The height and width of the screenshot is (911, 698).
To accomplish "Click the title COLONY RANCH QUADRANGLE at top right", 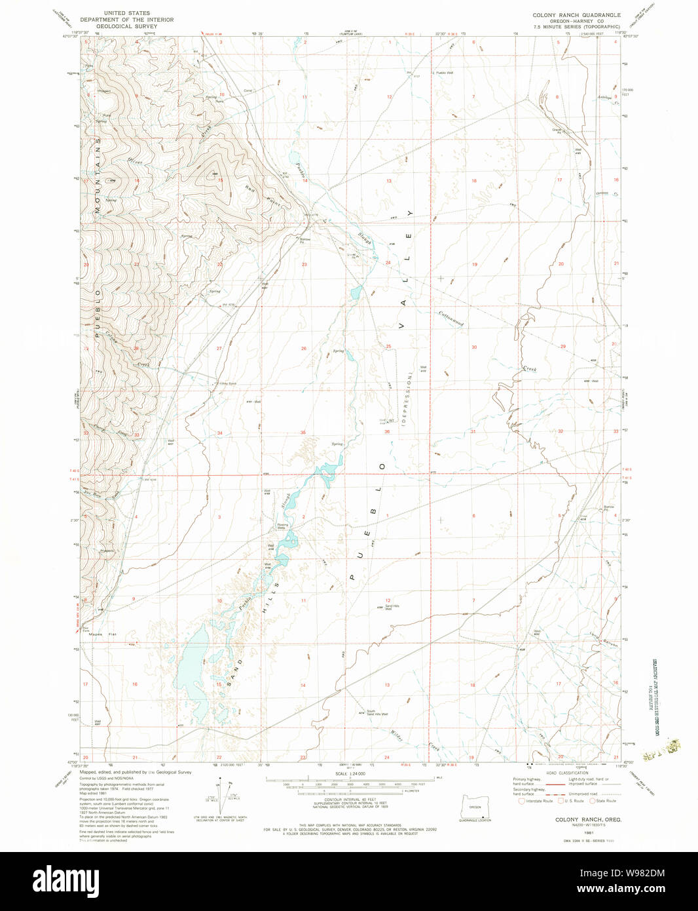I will pyautogui.click(x=576, y=14).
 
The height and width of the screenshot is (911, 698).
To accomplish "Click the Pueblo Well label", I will pyautogui.click(x=445, y=73).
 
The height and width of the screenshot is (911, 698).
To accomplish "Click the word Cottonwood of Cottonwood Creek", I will pyautogui.click(x=452, y=319).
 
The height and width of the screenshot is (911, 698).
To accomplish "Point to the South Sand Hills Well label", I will pyautogui.click(x=376, y=713).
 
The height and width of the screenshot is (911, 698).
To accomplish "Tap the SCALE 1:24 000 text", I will pyautogui.click(x=350, y=774).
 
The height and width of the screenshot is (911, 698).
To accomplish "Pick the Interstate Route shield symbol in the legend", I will pyautogui.click(x=521, y=801).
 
